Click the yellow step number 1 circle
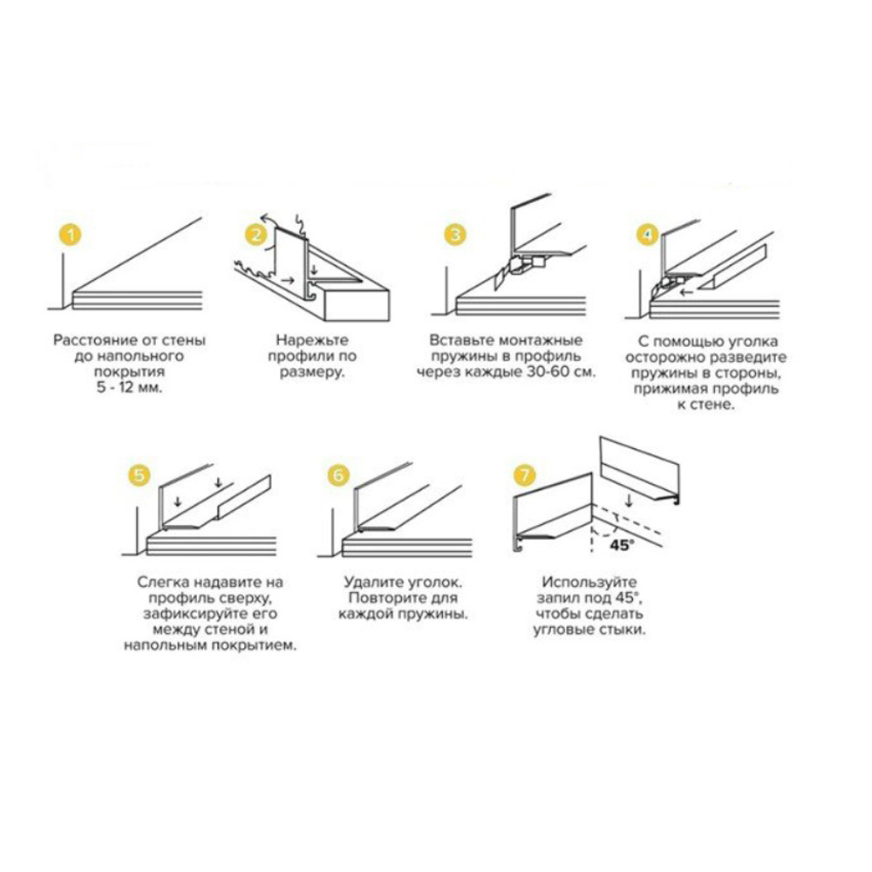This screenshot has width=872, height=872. click(70, 234)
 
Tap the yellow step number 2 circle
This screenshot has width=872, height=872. click(255, 234)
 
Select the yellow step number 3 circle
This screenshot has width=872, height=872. click(455, 234)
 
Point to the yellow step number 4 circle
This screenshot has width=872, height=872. click(647, 234)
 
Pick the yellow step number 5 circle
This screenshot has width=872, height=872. click(139, 475)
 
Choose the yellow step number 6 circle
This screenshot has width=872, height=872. click(338, 475)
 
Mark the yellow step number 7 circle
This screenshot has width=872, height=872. click(524, 475)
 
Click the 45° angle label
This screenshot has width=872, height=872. click(623, 544)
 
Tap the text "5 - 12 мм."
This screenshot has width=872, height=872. click(130, 388)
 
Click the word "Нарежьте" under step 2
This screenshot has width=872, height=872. click(312, 340)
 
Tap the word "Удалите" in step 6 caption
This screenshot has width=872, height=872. click(374, 582)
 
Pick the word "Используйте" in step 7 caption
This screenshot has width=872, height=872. click(589, 582)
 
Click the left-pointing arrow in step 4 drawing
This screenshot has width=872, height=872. click(687, 292)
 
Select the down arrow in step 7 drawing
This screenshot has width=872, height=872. click(629, 501)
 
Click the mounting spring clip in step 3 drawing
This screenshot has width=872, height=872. click(520, 266)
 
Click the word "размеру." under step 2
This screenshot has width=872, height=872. click(312, 372)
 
